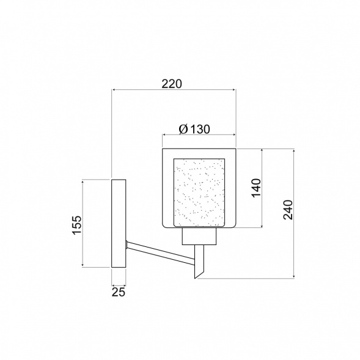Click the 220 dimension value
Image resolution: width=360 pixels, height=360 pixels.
pos(172,84)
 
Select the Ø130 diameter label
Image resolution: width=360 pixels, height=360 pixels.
pos(194,129)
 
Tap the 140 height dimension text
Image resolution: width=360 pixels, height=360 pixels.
pos(257,188)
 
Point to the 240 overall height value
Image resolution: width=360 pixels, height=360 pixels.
pos(288,210)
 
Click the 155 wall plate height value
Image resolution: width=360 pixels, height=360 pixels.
pos(77,225)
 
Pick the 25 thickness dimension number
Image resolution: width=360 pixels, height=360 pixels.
pos(119,292)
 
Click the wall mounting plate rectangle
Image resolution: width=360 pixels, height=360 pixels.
pos(119,223)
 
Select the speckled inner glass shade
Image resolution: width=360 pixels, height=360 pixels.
pos(199,193)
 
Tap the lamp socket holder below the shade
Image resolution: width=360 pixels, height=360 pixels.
pos(199,237)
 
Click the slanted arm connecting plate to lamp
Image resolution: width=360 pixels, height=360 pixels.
pos(161,252)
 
